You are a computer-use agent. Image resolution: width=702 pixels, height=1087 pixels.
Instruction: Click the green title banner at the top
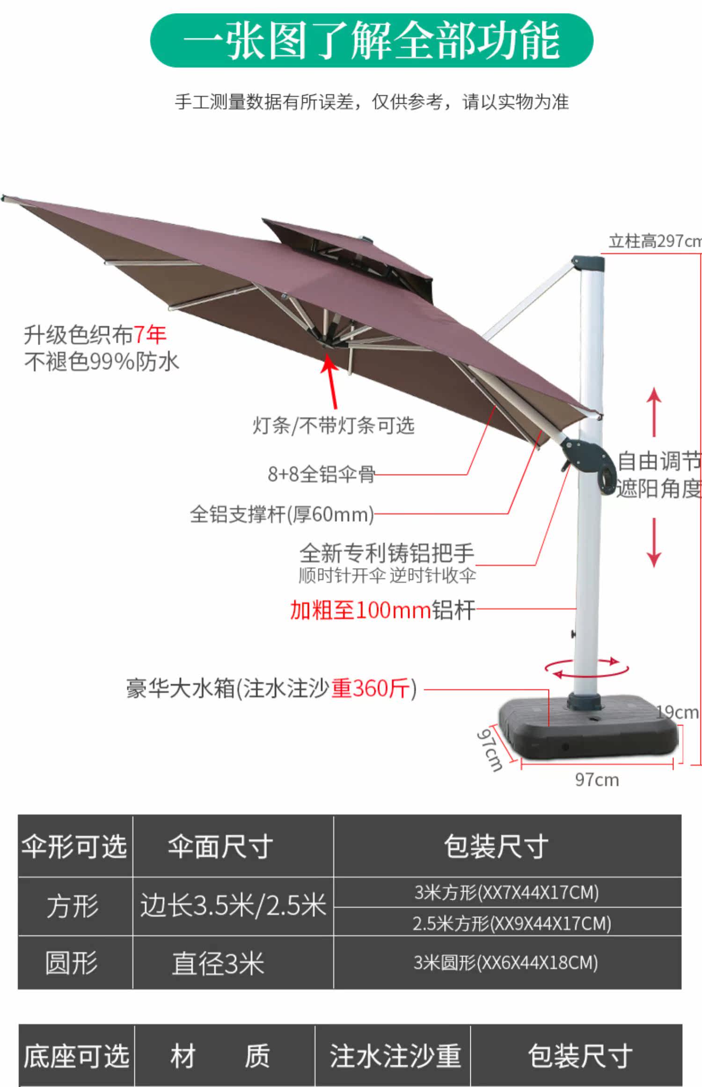371,41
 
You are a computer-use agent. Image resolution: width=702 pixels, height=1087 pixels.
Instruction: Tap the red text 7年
150,334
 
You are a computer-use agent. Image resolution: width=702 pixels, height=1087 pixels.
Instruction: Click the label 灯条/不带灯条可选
333,426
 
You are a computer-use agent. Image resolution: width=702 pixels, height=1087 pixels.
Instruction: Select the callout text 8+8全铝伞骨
321,474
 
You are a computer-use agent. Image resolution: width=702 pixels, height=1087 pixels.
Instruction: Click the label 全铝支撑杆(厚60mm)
282,514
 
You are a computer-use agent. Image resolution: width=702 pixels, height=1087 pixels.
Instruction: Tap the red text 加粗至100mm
360,610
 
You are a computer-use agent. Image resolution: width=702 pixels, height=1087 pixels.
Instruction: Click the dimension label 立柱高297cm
654,241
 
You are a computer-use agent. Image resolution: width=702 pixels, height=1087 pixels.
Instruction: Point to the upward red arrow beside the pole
654,412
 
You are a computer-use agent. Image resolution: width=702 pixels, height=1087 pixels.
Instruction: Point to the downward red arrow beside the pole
654,543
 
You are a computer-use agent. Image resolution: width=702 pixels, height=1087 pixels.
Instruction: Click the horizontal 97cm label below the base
597,780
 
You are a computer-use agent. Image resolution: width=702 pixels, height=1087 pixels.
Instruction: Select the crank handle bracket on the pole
590,461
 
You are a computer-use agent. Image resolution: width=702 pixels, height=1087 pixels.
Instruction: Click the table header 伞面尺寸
220,846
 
